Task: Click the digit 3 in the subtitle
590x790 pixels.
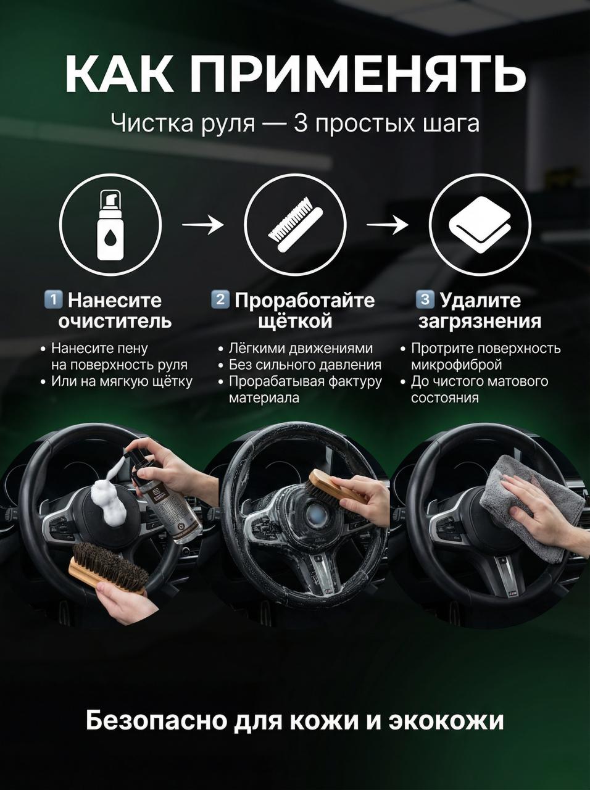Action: coord(300,123)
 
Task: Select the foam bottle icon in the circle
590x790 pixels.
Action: coord(111,225)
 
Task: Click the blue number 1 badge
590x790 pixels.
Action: coord(53,299)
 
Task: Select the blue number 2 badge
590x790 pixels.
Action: coord(220,299)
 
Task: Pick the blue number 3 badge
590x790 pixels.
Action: coord(425,299)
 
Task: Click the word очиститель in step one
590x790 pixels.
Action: coord(115,322)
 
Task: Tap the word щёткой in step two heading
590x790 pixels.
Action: coord(295,322)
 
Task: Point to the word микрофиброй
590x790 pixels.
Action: coord(457,365)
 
